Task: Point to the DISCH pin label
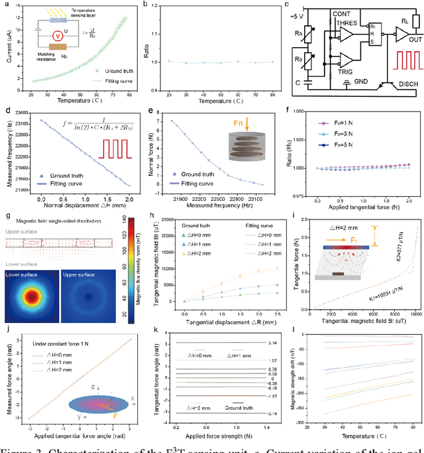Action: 403,84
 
